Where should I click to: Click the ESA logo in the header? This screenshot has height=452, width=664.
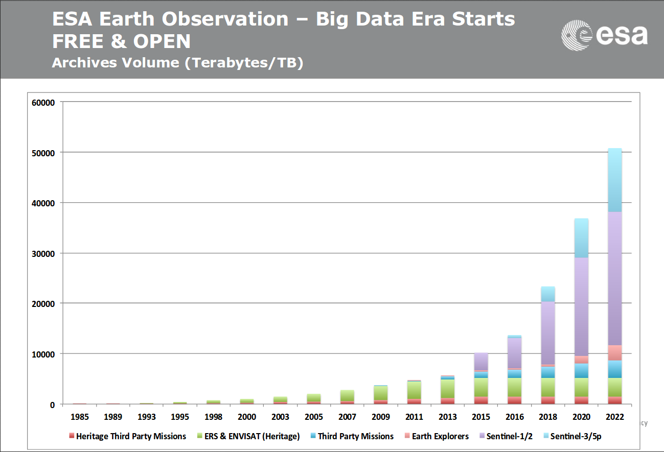click(x=604, y=35)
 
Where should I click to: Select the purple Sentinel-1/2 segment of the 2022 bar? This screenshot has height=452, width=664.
click(x=615, y=278)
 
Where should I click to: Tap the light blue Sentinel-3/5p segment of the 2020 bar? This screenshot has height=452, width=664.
click(x=581, y=238)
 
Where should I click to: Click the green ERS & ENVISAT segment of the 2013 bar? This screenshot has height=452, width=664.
click(x=448, y=389)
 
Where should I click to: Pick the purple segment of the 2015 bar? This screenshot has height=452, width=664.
click(x=481, y=362)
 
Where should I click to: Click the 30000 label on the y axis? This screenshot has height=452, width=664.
click(x=43, y=254)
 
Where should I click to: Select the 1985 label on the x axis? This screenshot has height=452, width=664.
click(x=79, y=417)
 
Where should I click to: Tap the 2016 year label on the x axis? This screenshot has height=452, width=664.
click(x=515, y=417)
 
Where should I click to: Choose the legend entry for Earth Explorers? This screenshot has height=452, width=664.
click(x=437, y=436)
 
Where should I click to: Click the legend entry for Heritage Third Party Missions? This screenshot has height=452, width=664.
click(x=127, y=436)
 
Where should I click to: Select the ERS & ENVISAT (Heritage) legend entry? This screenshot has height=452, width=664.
click(x=248, y=436)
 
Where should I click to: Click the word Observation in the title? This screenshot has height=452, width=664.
click(x=225, y=19)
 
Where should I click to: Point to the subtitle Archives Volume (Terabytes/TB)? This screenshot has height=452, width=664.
click(x=177, y=63)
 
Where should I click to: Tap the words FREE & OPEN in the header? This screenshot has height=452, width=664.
click(x=121, y=41)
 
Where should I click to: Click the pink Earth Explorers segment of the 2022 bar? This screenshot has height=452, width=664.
click(x=615, y=353)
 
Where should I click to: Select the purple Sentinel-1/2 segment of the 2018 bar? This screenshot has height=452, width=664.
click(x=548, y=333)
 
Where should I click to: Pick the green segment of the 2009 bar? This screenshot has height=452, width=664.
click(x=381, y=393)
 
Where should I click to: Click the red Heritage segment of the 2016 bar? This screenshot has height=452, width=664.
click(x=515, y=400)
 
